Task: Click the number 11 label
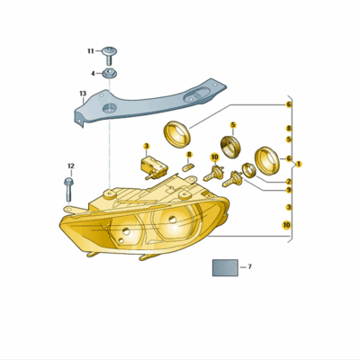click(x=91, y=51)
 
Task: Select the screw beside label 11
click(x=110, y=56)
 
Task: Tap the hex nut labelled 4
click(x=110, y=73)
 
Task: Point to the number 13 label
click(x=83, y=94)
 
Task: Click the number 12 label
click(x=71, y=166)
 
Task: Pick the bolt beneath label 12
click(x=68, y=190)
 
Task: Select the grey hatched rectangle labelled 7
click(x=225, y=267)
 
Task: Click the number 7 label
click(x=249, y=266)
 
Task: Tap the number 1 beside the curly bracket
click(x=299, y=164)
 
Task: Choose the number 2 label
click(x=289, y=182)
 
